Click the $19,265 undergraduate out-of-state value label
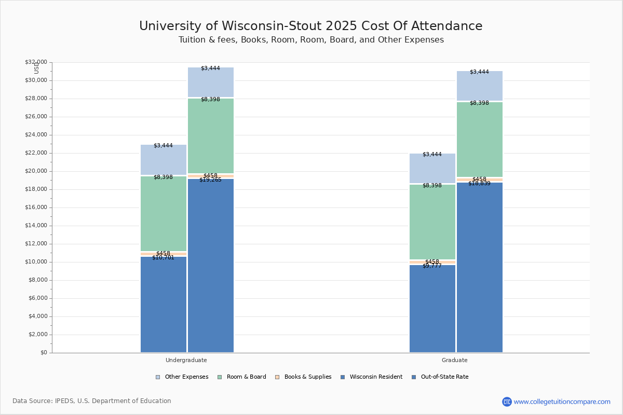point(210,180)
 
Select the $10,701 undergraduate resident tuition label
point(163,258)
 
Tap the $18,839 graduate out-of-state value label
point(479,184)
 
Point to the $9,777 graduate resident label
point(432,266)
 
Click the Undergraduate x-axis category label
point(186,360)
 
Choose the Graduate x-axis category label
point(454,360)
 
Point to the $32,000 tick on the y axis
point(36,62)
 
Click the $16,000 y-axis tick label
point(36,208)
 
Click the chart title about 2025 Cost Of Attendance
point(310,26)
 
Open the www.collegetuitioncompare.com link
point(562,402)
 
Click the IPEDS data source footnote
point(92,401)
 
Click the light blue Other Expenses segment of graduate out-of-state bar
point(480,86)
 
